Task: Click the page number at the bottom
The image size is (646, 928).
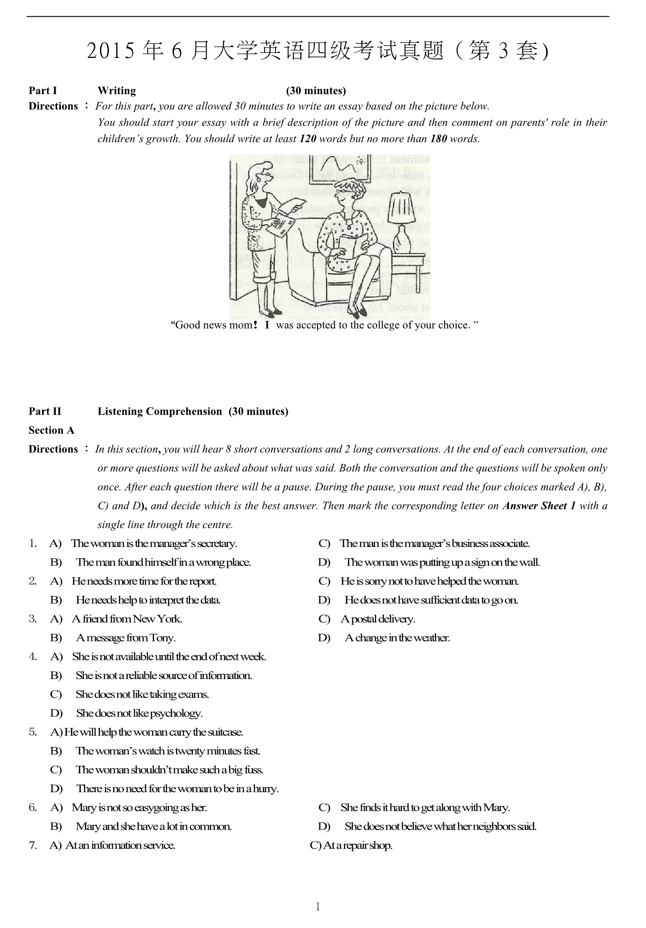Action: (x=318, y=906)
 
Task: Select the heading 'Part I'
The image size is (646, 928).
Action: (x=43, y=91)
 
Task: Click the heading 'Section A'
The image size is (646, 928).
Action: (x=51, y=430)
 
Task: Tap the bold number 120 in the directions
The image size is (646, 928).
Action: (x=308, y=139)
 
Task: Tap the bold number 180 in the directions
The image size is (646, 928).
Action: (x=438, y=139)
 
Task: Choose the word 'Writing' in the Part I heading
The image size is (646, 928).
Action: (x=117, y=91)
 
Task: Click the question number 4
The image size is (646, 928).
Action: (x=33, y=656)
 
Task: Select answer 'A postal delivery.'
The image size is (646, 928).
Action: (x=378, y=619)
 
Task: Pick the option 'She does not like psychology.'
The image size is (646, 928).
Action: (x=139, y=713)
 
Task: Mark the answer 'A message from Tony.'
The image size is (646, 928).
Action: (x=126, y=638)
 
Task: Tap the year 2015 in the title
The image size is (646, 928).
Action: (x=111, y=51)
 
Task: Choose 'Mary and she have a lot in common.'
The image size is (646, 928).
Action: (x=154, y=826)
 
